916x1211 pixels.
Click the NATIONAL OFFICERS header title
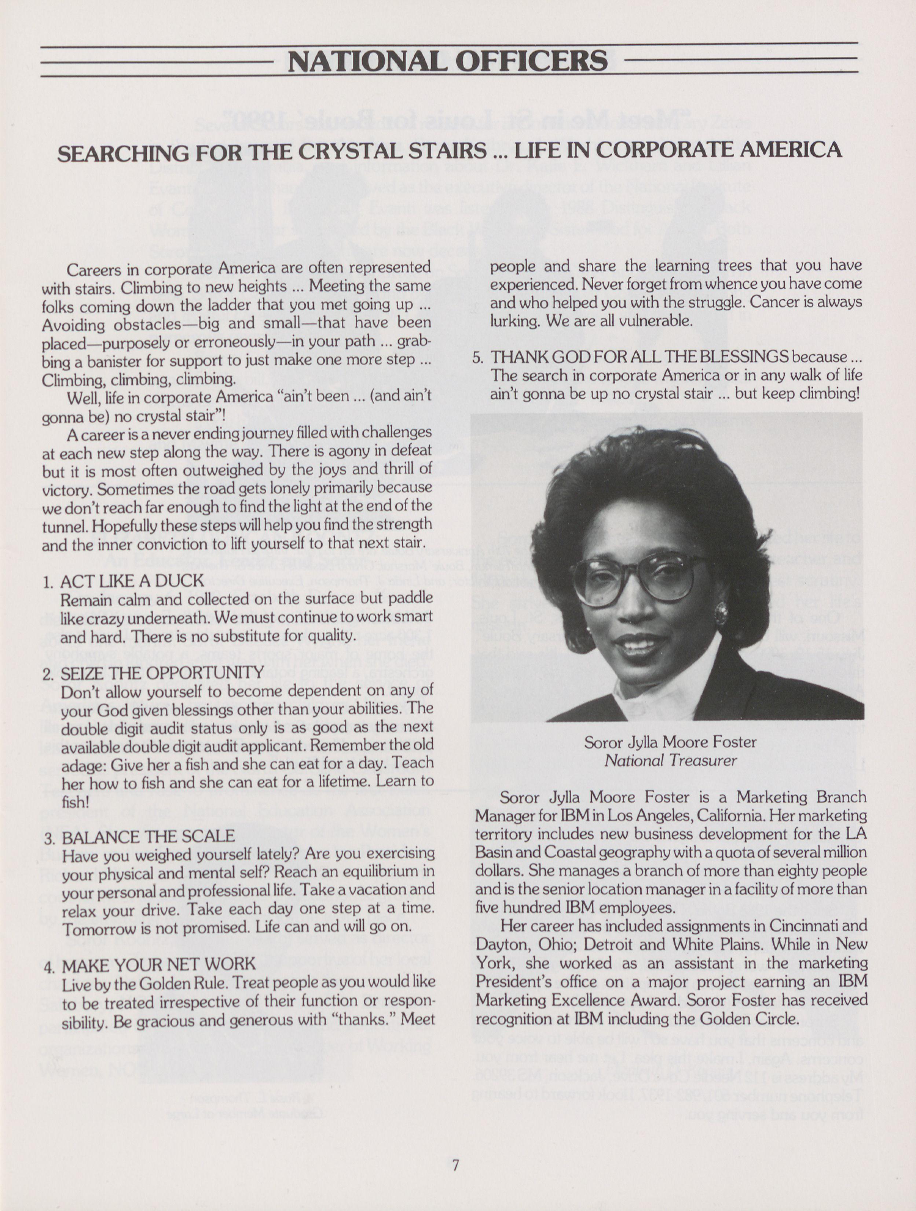pyautogui.click(x=448, y=61)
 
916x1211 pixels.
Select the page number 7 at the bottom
pyautogui.click(x=455, y=1165)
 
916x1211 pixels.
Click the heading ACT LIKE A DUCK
pyautogui.click(x=132, y=581)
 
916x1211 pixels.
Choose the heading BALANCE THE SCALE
pyautogui.click(x=148, y=837)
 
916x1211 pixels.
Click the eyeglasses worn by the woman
pyautogui.click(x=638, y=575)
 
